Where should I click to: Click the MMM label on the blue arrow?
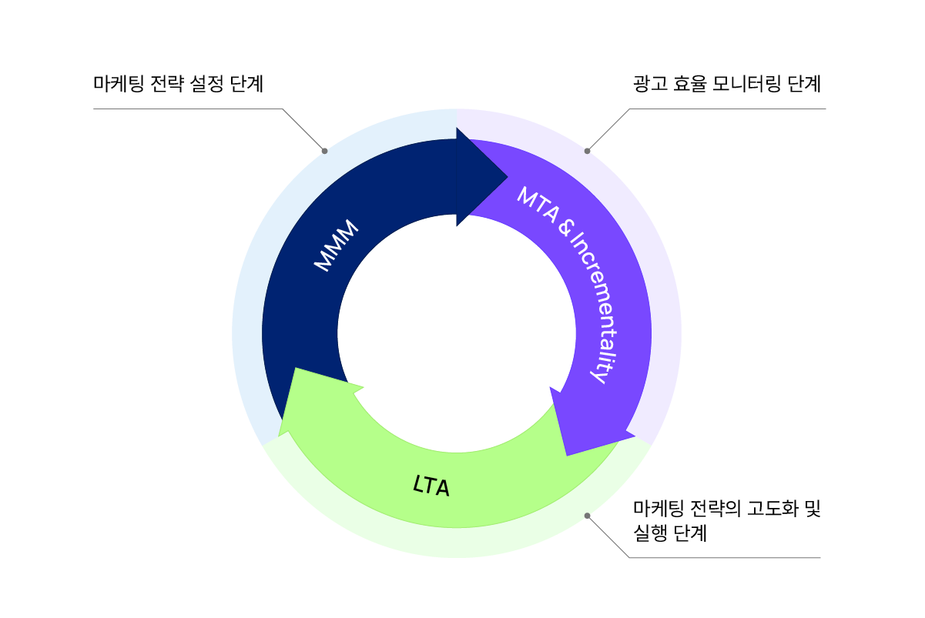point(337,246)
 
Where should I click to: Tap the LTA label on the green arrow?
point(431,486)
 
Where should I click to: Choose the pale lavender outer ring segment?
point(665,308)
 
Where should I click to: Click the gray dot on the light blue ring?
point(324,151)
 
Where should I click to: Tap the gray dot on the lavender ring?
point(588,151)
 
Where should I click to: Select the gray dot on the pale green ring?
point(588,516)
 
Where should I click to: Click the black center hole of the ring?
point(457,333)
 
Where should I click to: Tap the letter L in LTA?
point(418,484)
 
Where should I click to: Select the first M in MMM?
point(323,262)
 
